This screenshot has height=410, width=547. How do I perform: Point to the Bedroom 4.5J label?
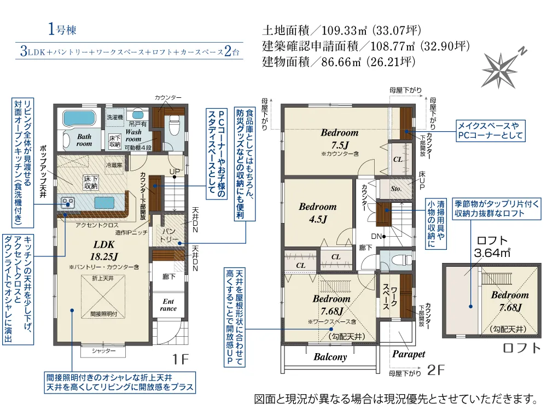(x=317, y=213)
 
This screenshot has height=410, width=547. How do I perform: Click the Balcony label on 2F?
(x=330, y=357)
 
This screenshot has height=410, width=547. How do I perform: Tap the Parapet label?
(x=409, y=354)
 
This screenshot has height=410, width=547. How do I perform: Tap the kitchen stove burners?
(x=69, y=203)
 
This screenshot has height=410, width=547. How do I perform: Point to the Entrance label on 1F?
(x=168, y=304)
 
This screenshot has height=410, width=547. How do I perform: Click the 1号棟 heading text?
(x=61, y=30)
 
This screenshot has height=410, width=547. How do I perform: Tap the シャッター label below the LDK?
(x=103, y=350)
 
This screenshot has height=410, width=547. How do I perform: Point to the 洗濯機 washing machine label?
(x=115, y=117)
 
